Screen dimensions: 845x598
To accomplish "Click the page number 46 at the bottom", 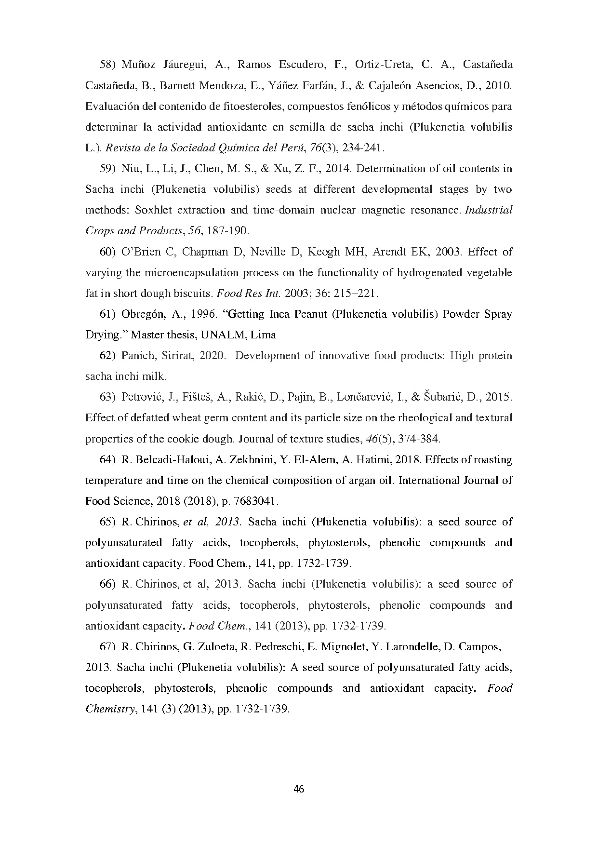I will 299,789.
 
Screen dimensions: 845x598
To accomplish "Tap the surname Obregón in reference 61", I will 143,314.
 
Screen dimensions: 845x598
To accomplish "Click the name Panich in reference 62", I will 138,356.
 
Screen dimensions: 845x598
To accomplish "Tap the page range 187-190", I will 227,231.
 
